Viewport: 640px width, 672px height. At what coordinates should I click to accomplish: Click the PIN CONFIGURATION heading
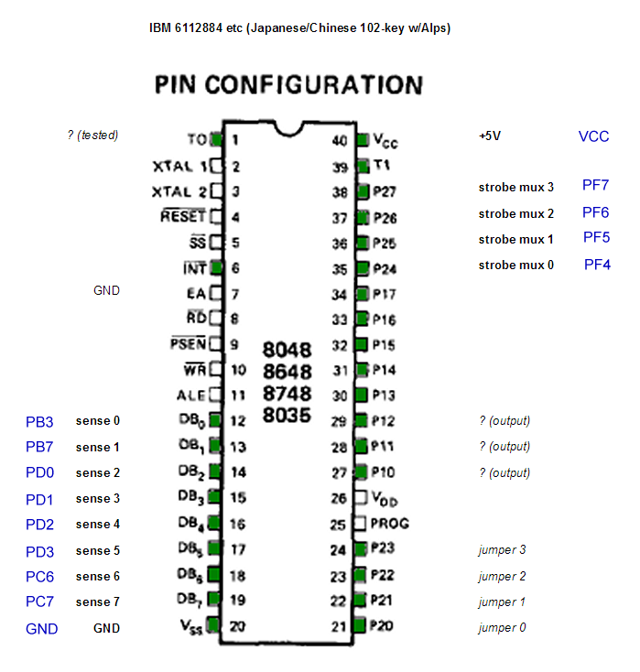288,86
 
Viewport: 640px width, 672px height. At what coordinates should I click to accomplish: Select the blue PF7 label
595,185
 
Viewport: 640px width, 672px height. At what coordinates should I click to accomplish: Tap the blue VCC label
593,136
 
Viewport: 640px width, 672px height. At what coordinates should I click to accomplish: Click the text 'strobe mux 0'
515,266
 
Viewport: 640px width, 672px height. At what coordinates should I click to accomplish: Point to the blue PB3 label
39,422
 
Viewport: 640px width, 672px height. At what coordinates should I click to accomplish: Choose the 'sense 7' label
97,602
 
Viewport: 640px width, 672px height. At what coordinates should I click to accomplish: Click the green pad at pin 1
217,140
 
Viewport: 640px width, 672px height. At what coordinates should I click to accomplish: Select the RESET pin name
183,217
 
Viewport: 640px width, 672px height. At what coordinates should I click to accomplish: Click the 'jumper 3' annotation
503,550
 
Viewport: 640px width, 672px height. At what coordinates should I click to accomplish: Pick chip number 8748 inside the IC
287,393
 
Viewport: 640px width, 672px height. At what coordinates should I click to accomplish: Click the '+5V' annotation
490,135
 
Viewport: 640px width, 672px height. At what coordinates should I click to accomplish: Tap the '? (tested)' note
92,135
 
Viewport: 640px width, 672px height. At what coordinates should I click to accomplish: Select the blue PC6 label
39,577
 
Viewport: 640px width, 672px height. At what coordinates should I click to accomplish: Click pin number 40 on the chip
340,141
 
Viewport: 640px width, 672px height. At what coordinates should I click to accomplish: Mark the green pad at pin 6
217,268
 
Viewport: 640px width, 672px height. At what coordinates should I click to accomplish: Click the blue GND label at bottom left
41,629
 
